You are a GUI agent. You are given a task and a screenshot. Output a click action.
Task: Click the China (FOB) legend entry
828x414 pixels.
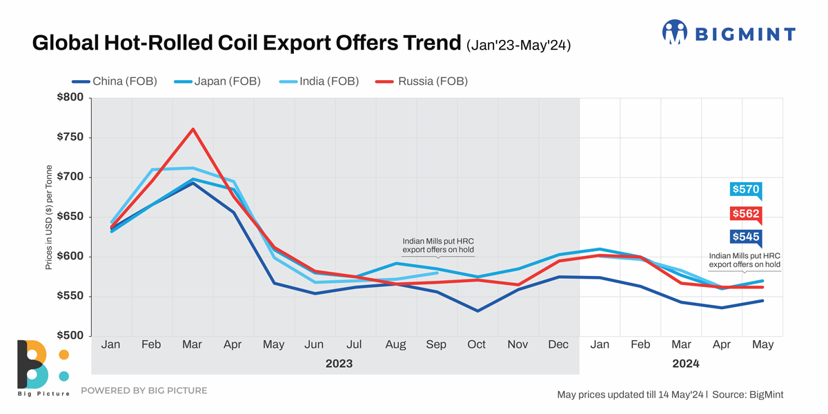[x=115, y=81]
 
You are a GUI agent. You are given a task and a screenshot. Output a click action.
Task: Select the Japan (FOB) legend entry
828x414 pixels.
[x=217, y=81]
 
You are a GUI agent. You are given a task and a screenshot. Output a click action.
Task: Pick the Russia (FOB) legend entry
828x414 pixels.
[x=422, y=81]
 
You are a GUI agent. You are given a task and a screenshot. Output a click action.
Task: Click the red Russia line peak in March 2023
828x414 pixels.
[x=193, y=129]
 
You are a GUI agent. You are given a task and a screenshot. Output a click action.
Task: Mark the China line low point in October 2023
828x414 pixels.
[x=477, y=310]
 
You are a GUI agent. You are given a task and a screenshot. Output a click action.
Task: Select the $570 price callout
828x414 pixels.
[x=745, y=189]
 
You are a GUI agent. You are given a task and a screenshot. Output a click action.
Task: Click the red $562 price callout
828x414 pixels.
[x=745, y=213]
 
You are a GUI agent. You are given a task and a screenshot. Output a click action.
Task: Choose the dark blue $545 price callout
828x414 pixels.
[x=745, y=237]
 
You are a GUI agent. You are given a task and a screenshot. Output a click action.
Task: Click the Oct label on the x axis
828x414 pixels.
[x=477, y=344]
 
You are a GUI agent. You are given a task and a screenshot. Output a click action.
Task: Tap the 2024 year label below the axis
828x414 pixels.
[x=685, y=364]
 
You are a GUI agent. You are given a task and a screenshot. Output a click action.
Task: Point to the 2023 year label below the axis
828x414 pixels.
[x=339, y=364]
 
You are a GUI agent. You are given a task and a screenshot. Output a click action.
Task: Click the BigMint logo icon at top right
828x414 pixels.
[x=675, y=32]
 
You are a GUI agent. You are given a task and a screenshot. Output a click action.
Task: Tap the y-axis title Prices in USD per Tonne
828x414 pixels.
[x=50, y=217]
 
